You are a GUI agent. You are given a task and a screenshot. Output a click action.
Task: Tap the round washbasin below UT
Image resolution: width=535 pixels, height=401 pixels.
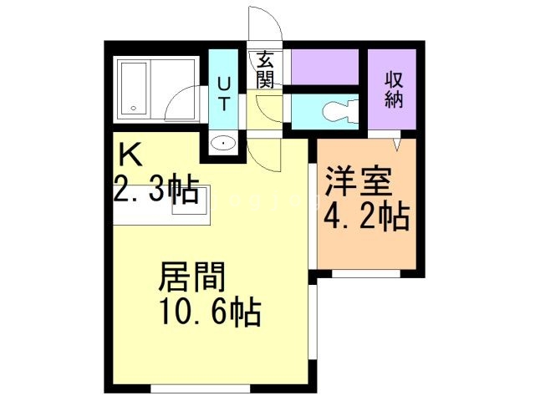pos(223,145)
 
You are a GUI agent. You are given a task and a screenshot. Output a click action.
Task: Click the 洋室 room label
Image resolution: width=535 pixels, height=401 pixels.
pos(359,181)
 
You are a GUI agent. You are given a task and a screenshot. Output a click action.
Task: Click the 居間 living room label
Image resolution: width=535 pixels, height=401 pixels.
pos(191,277)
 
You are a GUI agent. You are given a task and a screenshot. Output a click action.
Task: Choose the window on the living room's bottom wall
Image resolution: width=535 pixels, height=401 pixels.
pos(201,388)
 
